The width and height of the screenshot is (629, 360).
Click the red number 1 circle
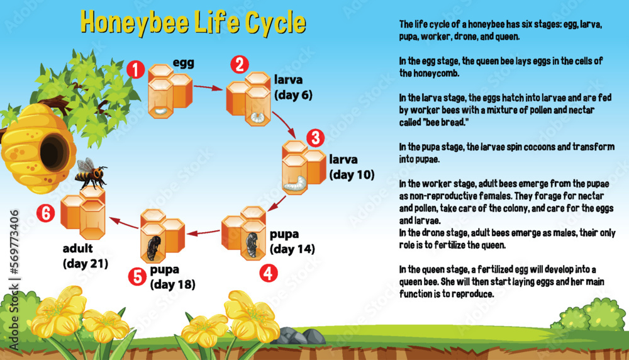click(x=135, y=69)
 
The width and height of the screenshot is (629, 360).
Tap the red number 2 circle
click(x=238, y=64)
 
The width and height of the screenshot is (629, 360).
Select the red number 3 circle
click(x=314, y=138)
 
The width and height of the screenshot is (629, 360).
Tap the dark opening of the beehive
click(x=53, y=152)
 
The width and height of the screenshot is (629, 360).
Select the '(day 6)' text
click(x=293, y=95)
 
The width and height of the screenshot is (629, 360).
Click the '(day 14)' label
click(x=292, y=249)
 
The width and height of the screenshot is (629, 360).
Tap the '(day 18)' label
click(x=172, y=284)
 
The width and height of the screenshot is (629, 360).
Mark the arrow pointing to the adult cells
click(x=123, y=221)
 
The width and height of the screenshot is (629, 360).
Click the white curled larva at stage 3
click(x=295, y=184)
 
